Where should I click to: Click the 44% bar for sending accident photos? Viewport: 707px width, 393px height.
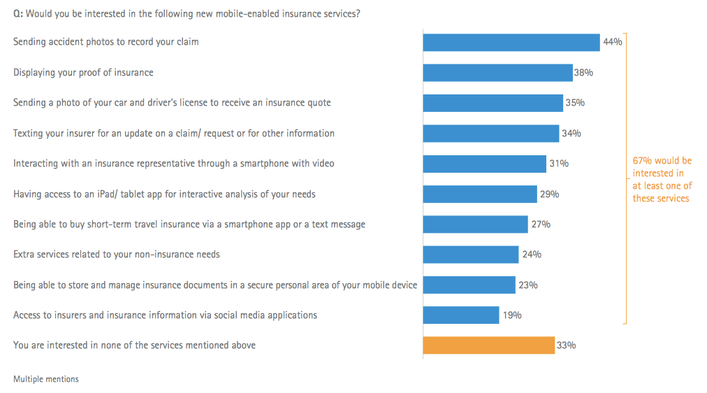[x=511, y=42]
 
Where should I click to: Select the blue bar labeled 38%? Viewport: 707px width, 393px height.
[x=497, y=72]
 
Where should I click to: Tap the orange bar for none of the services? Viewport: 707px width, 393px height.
[x=488, y=345]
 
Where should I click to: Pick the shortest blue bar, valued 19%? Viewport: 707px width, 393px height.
[x=461, y=315]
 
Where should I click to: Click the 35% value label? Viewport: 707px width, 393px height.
[x=575, y=103]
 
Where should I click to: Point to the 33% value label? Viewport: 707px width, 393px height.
[x=566, y=345]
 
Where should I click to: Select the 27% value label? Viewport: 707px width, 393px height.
[x=541, y=224]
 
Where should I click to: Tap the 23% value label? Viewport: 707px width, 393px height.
[x=528, y=285]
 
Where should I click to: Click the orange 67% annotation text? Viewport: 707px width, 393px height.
[x=662, y=180]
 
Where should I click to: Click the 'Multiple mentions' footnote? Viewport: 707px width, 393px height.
[x=46, y=379]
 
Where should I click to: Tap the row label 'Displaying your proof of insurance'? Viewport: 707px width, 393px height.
[x=83, y=73]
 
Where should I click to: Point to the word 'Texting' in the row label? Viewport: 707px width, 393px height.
[x=29, y=134]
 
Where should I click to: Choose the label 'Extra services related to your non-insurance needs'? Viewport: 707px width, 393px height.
[x=117, y=255]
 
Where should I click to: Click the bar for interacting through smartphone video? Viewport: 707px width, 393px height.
[x=484, y=164]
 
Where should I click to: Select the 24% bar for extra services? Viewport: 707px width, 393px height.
[x=471, y=255]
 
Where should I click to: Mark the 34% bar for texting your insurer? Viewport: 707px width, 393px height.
[x=490, y=133]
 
